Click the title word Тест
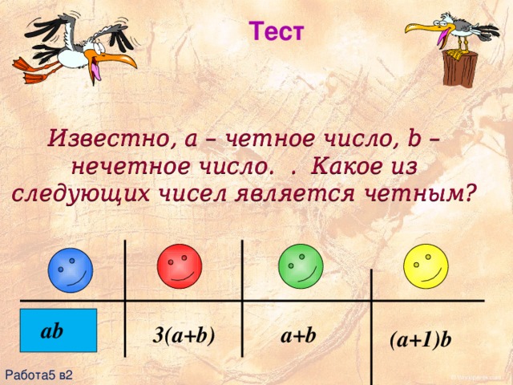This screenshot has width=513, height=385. click(277, 32)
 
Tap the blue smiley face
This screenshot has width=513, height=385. click(71, 271)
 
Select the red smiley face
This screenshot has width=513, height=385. click(181, 266)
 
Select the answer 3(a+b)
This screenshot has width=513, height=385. click(183, 336)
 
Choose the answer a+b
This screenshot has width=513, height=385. click(299, 335)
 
